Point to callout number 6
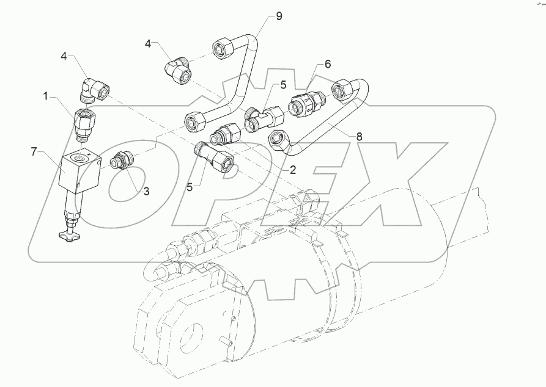click(327, 63)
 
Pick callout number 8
click(358, 137)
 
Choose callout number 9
click(278, 16)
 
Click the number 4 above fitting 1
click(63, 57)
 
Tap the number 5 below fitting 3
click(190, 187)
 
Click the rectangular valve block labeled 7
click(78, 170)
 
